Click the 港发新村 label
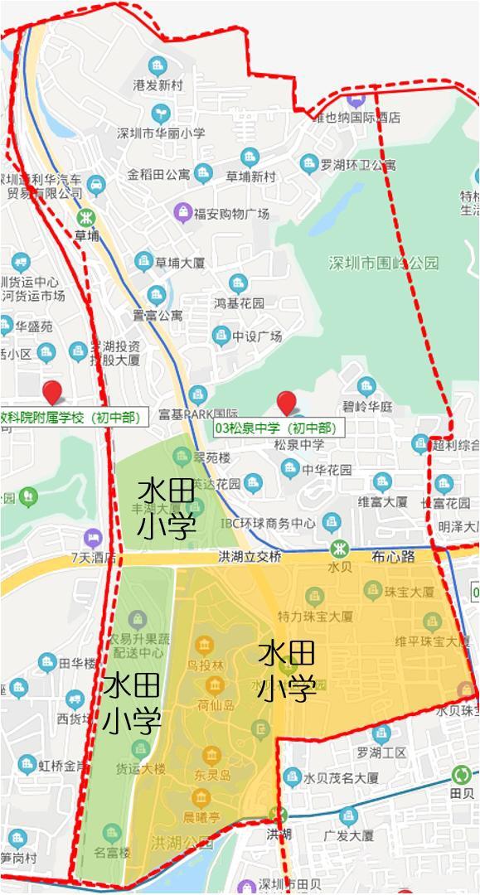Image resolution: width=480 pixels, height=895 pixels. pyautogui.click(x=158, y=85)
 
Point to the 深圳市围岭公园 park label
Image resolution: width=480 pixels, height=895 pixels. pyautogui.click(x=384, y=264)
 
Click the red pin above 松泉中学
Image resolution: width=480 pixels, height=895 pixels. pyautogui.click(x=287, y=403)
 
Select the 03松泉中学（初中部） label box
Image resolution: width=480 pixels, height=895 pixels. pyautogui.click(x=276, y=428)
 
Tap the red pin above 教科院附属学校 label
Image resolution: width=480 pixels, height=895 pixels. pyautogui.click(x=54, y=393)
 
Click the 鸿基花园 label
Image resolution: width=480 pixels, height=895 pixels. pyautogui.click(x=239, y=303)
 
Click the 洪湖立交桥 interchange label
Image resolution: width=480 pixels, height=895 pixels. pyautogui.click(x=250, y=556)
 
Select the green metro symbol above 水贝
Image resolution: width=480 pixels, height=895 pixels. pyautogui.click(x=338, y=549)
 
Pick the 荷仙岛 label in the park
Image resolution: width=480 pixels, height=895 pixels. pyautogui.click(x=214, y=705)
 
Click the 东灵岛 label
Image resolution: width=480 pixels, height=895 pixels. pyautogui.click(x=212, y=775)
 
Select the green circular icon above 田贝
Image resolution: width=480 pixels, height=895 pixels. pyautogui.click(x=461, y=776)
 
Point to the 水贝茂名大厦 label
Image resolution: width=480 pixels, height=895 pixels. pyautogui.click(x=341, y=778)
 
